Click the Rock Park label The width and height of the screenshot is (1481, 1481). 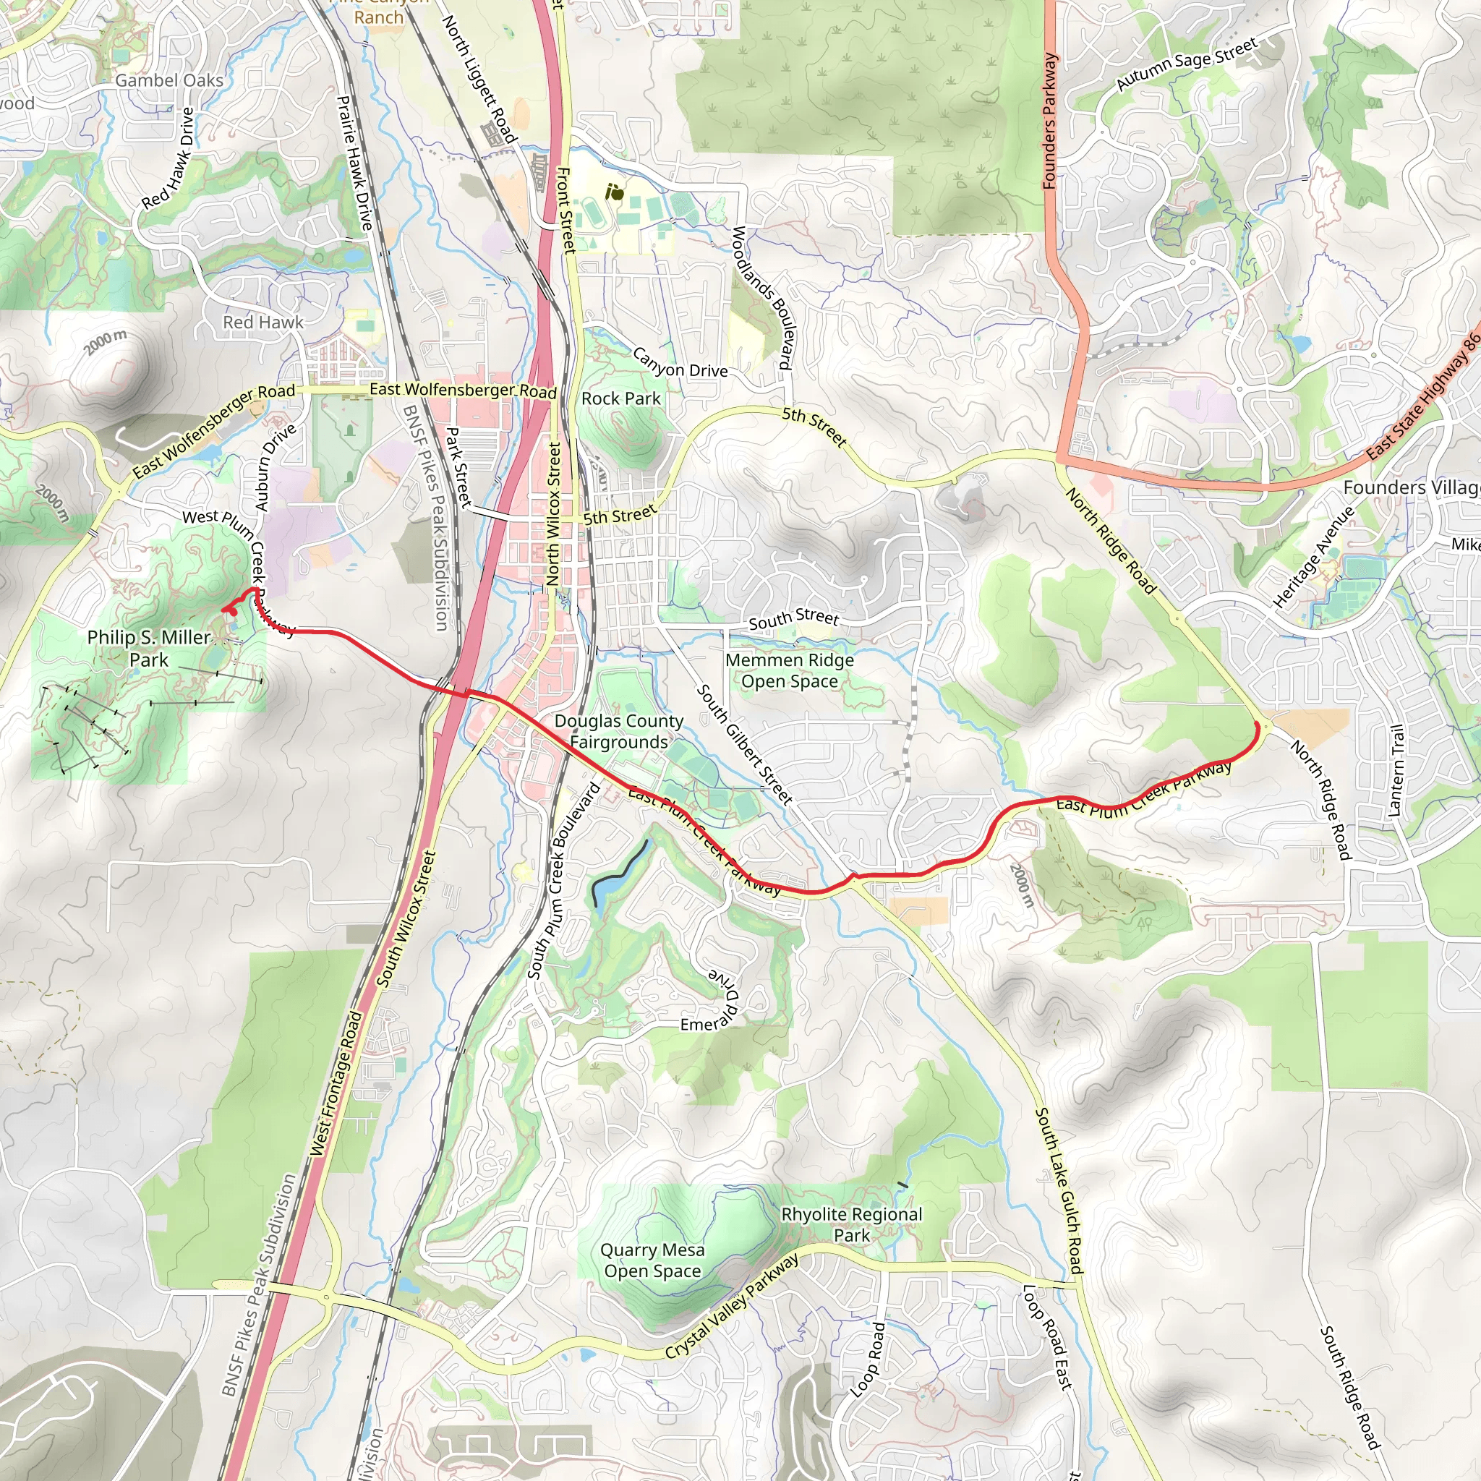pyautogui.click(x=620, y=398)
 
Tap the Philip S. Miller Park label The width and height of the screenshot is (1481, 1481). pyautogui.click(x=149, y=648)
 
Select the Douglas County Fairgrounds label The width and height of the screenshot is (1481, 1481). pyautogui.click(x=618, y=731)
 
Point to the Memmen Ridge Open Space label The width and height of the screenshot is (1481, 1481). pyautogui.click(x=789, y=671)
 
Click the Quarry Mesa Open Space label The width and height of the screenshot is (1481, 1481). pyautogui.click(x=652, y=1260)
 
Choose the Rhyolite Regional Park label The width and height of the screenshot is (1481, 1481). pyautogui.click(x=851, y=1224)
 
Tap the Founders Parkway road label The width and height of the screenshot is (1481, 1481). pyautogui.click(x=1049, y=121)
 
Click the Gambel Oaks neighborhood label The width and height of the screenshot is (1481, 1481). pyautogui.click(x=169, y=80)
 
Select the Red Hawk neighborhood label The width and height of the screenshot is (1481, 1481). pyautogui.click(x=263, y=322)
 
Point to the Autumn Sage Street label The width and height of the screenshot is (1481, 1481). pyautogui.click(x=1186, y=65)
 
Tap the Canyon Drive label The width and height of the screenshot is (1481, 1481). pyautogui.click(x=680, y=362)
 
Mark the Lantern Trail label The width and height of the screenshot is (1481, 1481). pyautogui.click(x=1396, y=769)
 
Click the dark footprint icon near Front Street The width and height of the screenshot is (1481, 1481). pyautogui.click(x=614, y=192)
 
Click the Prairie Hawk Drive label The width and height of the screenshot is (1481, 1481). pyautogui.click(x=355, y=163)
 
